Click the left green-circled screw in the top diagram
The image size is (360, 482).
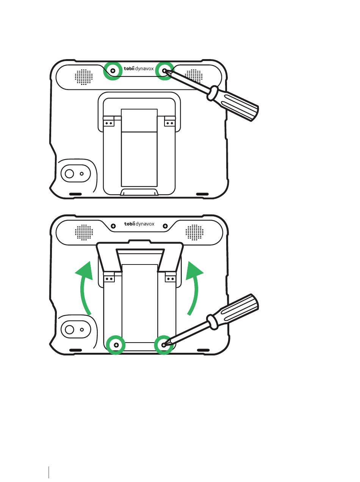(113, 71)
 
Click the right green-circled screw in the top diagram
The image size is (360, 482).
(164, 71)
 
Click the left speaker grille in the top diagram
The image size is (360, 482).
(84, 77)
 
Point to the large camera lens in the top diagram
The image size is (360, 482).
(69, 174)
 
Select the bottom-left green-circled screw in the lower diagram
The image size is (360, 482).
(116, 345)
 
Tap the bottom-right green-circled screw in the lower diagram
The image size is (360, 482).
(164, 345)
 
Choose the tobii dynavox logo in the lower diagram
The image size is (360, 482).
(139, 224)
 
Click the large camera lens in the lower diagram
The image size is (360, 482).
(69, 329)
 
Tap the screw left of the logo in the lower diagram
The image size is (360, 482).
(113, 226)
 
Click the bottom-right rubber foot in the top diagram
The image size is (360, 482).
(202, 194)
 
